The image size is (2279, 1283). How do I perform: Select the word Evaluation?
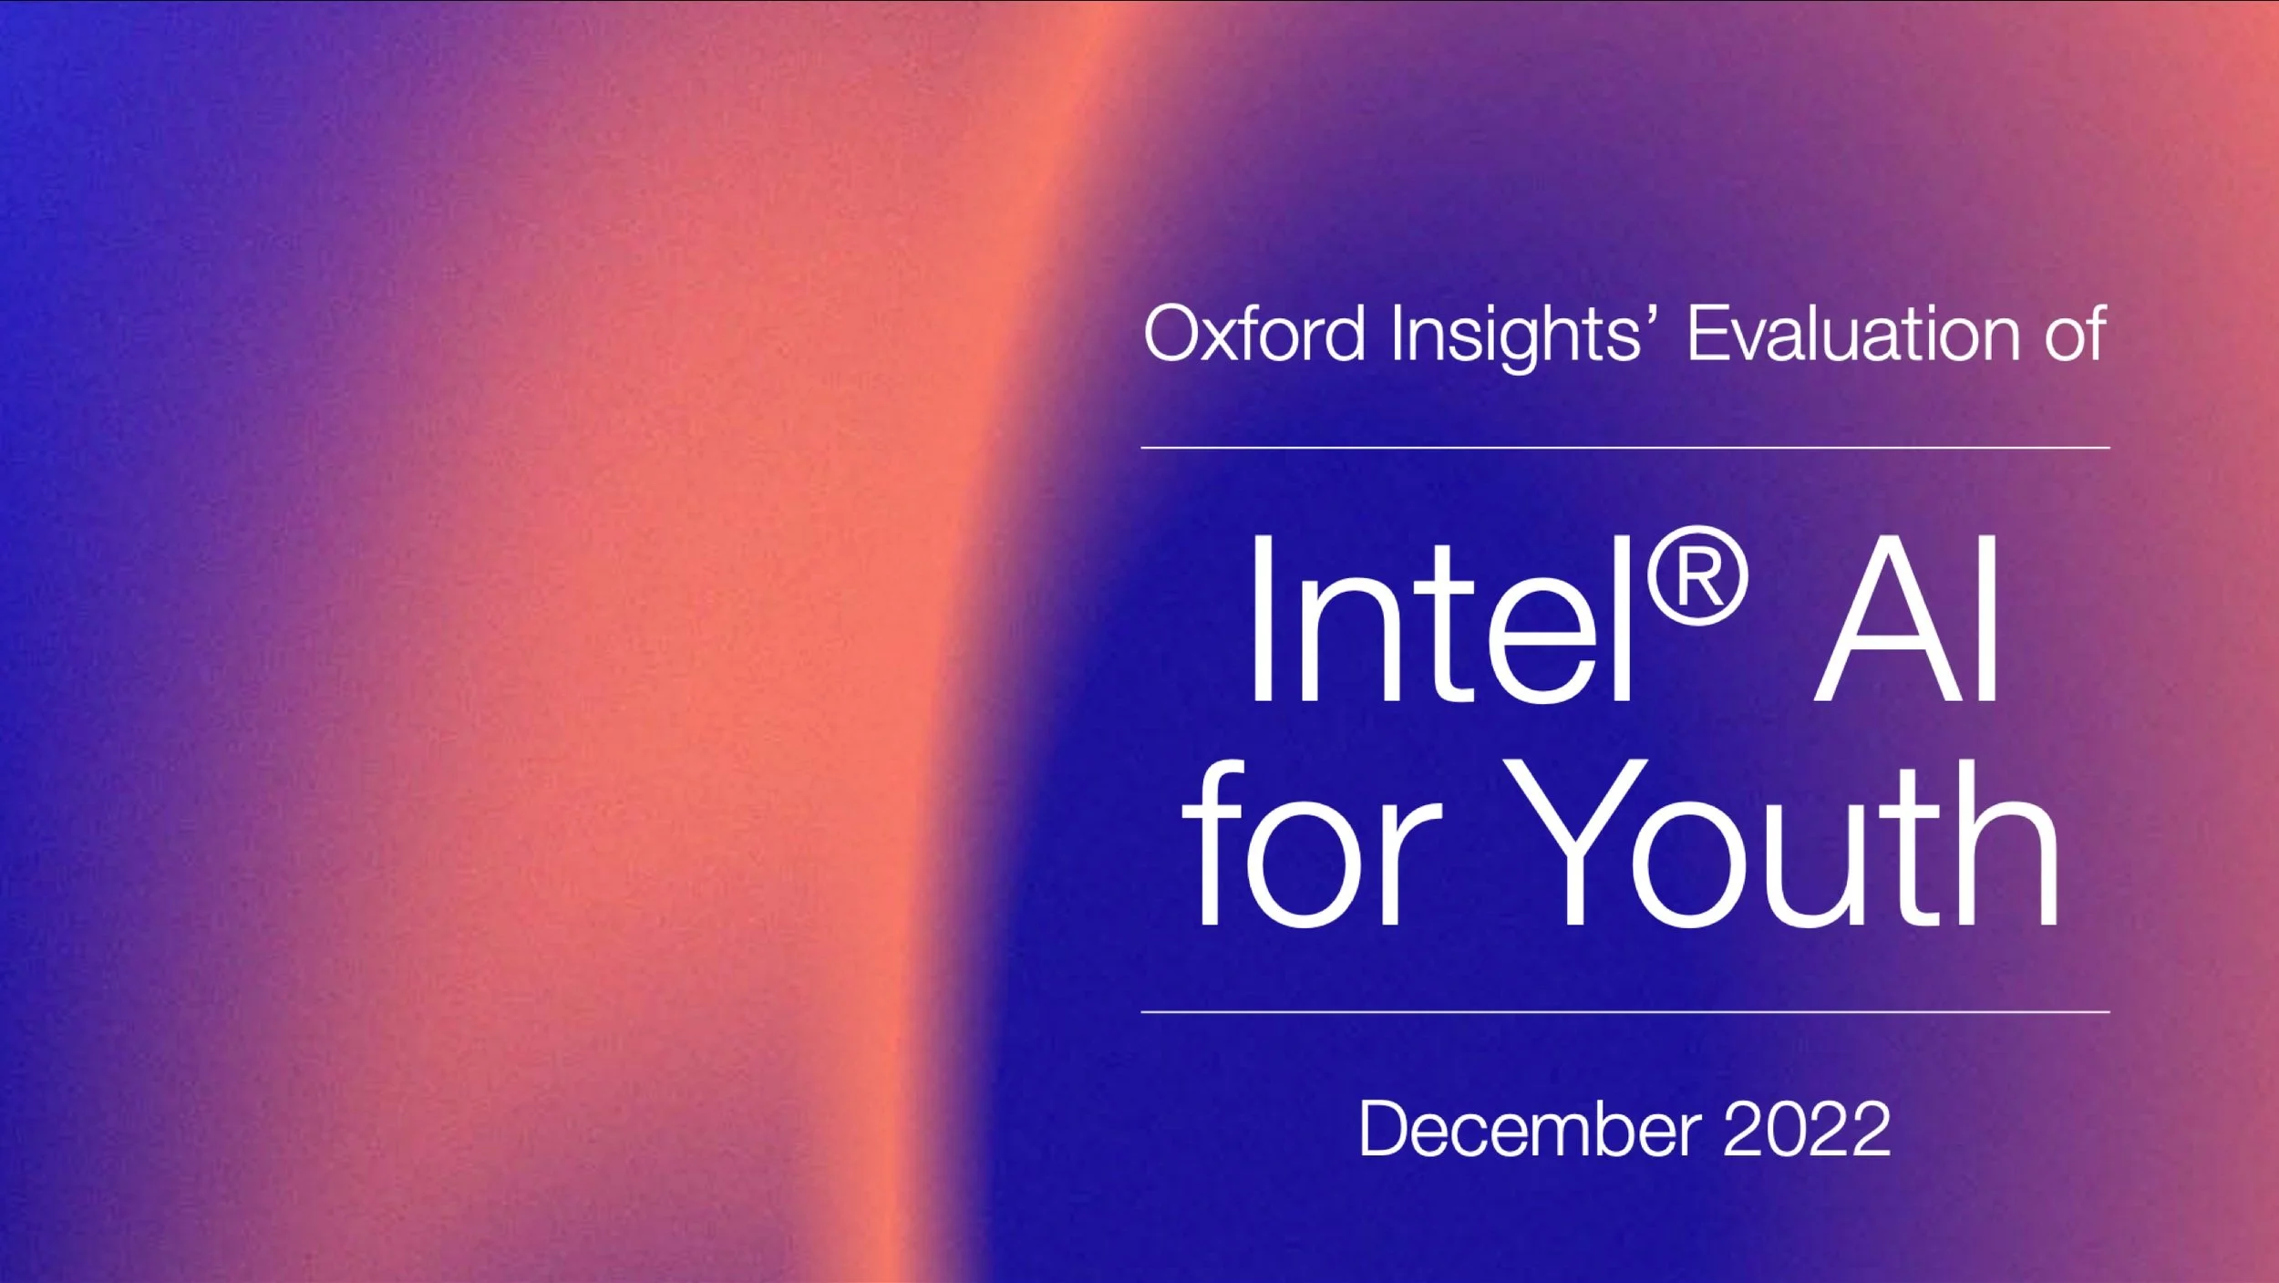tap(1851, 334)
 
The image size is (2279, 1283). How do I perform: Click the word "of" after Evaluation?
tap(2075, 334)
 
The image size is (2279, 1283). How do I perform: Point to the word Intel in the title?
tap(1440, 620)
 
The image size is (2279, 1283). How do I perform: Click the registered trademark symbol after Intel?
tap(1697, 575)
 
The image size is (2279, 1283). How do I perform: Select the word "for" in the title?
tap(1313, 843)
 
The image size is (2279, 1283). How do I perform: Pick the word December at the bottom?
tap(1530, 1129)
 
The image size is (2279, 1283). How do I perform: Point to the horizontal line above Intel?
tap(1625, 448)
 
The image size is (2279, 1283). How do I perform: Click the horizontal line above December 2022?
tap(1625, 1011)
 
